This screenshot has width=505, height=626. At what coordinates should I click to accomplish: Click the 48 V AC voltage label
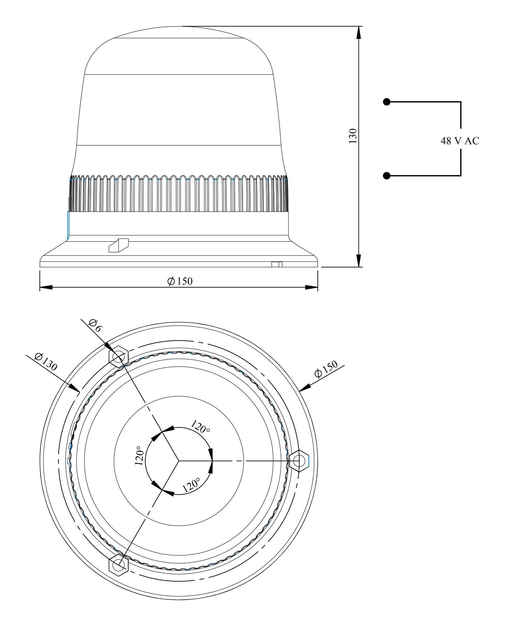(460, 141)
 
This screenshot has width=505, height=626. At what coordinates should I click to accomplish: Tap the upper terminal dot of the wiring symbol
(387, 102)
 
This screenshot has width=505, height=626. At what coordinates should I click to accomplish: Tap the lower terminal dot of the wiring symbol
(387, 176)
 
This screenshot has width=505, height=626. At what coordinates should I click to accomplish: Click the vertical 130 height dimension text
(353, 136)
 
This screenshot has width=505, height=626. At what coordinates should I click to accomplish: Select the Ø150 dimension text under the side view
(180, 281)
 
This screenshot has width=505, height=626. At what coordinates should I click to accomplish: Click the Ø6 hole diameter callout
(95, 325)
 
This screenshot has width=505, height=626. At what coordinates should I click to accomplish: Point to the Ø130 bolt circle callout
(46, 362)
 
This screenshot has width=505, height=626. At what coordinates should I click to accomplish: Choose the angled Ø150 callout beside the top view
(326, 369)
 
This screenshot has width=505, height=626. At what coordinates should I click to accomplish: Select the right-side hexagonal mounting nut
(299, 461)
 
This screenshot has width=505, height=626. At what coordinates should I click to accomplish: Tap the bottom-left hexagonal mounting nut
(119, 563)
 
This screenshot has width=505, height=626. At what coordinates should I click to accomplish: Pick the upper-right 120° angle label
(200, 427)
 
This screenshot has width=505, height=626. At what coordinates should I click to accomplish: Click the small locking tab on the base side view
(118, 246)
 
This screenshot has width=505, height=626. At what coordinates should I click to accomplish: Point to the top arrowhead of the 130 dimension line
(359, 33)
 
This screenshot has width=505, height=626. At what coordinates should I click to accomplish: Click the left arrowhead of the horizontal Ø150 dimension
(46, 287)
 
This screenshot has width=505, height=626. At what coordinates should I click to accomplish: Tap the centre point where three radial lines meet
(178, 461)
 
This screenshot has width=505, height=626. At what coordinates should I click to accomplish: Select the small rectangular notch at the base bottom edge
(277, 264)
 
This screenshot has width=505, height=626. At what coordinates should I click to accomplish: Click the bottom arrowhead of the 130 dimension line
(359, 260)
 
